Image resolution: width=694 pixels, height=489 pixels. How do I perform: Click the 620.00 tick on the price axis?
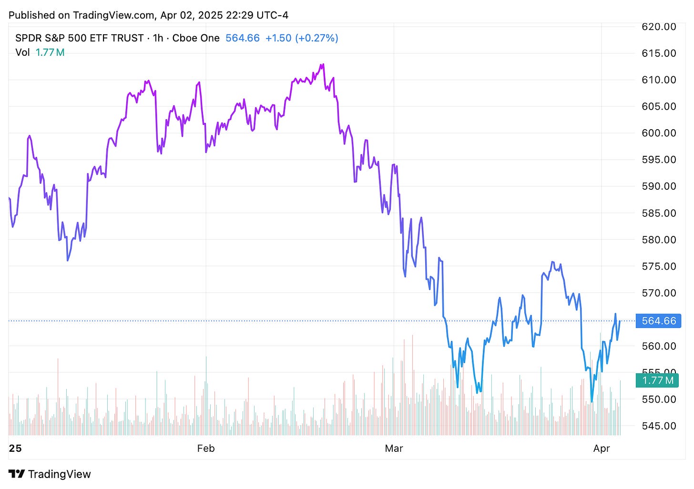659,27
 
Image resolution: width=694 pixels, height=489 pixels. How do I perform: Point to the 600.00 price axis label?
659,133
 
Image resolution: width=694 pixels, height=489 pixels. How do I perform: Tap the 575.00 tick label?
659,266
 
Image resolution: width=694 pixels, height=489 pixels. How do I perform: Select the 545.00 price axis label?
659,426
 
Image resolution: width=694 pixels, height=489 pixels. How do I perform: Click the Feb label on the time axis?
206,448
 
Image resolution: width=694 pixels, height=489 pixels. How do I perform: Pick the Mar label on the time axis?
394,448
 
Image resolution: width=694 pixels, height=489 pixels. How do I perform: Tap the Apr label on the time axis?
602,448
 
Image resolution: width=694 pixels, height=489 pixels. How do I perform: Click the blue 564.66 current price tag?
659,321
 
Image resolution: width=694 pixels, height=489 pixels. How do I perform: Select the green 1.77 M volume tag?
658,380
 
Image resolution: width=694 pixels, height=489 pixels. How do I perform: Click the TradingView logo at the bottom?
50,474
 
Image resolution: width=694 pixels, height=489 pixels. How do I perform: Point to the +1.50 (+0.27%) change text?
302,38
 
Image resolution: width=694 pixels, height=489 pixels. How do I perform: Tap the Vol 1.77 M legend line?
40,52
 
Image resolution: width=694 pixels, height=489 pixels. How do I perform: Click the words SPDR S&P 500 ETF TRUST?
80,38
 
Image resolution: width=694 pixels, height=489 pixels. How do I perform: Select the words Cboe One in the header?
196,38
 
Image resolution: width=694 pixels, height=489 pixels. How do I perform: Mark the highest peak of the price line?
323,64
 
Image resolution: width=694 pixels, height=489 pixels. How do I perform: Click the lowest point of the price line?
592,402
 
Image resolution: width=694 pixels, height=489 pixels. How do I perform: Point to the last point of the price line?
620,321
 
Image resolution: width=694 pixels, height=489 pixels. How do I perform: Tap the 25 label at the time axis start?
15,448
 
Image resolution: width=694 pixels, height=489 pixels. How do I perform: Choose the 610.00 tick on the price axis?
659,80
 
